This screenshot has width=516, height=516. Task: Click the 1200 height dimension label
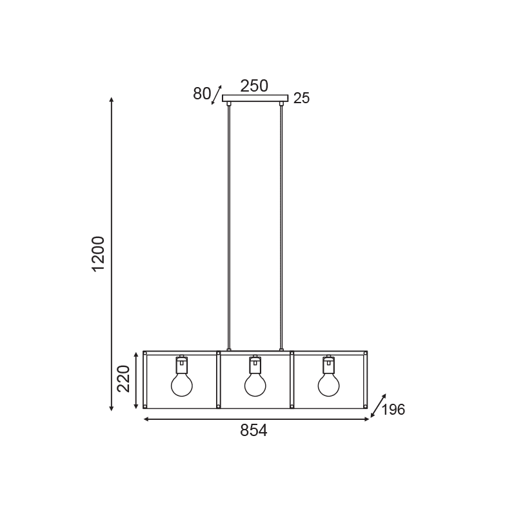(99, 253)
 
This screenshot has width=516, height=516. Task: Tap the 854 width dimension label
(253, 430)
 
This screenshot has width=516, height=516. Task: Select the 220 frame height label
(124, 379)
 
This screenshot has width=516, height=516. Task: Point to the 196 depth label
(393, 410)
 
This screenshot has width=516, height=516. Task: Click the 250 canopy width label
(254, 86)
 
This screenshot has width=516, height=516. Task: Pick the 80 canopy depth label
(202, 94)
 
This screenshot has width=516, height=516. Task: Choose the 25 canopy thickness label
(301, 98)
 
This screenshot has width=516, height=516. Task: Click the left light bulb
(182, 384)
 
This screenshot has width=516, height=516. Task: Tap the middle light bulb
(255, 384)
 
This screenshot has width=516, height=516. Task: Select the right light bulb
(329, 384)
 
